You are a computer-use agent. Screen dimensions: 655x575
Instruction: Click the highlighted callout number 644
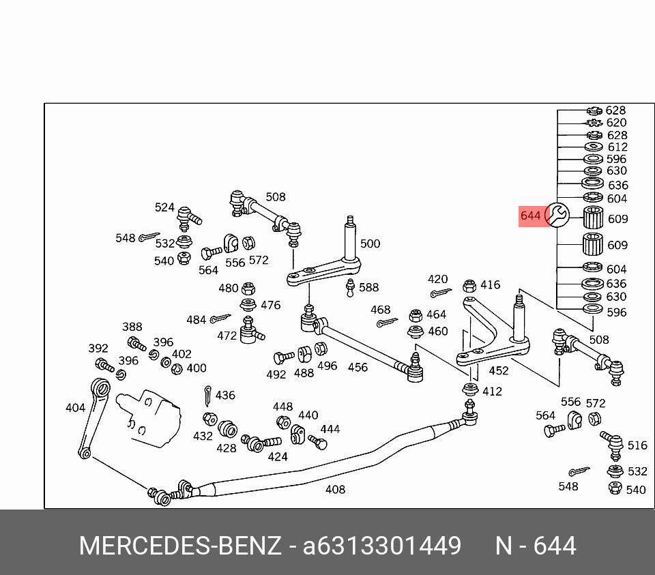pos(530,216)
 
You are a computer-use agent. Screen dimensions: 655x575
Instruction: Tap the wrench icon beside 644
pos(557,215)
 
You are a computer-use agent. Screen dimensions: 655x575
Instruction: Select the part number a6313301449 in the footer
pos(382,546)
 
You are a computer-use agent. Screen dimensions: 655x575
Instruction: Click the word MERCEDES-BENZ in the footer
pos(180,546)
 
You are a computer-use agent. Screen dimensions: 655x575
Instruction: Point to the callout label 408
pos(335,489)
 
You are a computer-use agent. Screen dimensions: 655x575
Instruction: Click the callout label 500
pos(370,244)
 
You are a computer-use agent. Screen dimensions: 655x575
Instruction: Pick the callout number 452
pos(498,370)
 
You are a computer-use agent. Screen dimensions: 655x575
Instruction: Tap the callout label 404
pos(75,408)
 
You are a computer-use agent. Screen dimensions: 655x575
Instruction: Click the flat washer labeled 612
pos(593,147)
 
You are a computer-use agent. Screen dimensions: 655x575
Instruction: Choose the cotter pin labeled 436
pos(207,396)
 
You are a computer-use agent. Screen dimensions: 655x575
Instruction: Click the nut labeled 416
pos(469,286)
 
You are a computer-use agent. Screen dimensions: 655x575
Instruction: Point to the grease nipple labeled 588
pos(351,288)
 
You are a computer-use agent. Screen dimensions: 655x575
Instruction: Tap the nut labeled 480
pos(248,288)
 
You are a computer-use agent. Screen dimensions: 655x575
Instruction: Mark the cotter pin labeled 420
pos(441,293)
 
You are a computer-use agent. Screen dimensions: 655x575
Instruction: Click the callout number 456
pos(358,367)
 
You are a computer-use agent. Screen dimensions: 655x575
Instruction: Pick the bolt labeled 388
pos(136,344)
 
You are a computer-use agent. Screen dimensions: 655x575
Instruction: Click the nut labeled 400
pos(177,369)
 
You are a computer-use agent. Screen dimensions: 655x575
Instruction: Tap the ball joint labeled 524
pos(188,218)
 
